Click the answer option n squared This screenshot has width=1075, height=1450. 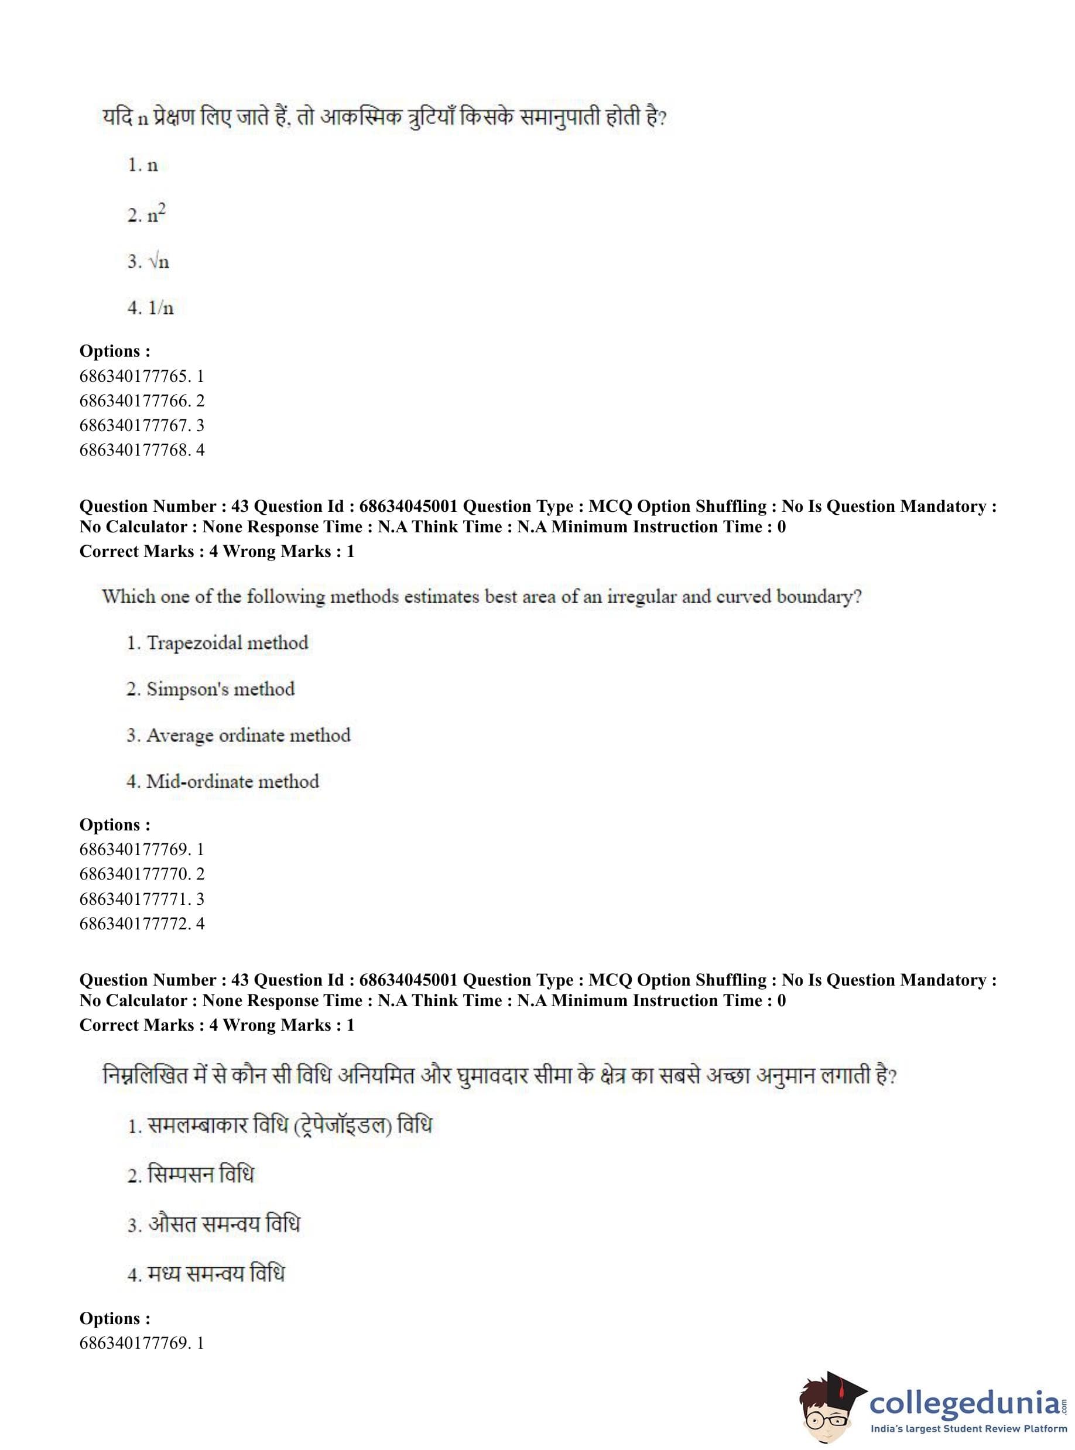pyautogui.click(x=147, y=214)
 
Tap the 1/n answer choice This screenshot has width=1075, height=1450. pyautogui.click(x=150, y=308)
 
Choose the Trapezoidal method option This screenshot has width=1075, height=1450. pyautogui.click(x=217, y=643)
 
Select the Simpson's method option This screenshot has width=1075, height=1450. pyautogui.click(x=210, y=689)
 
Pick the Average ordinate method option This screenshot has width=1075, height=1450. pyautogui.click(x=238, y=736)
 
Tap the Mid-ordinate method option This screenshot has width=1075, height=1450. pyautogui.click(x=222, y=782)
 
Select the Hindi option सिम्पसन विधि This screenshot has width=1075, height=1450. pyautogui.click(x=191, y=1175)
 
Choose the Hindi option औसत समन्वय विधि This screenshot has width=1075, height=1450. pyautogui.click(x=214, y=1224)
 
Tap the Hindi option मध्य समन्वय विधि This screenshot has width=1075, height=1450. pyautogui.click(x=206, y=1274)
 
